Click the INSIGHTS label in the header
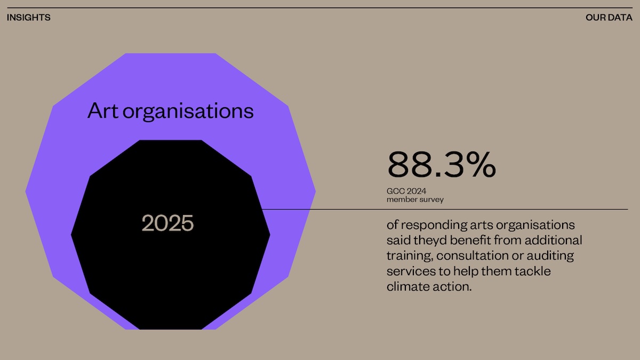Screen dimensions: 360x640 (29, 18)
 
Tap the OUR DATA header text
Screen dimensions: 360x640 (609, 18)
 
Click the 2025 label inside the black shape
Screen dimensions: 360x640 (167, 223)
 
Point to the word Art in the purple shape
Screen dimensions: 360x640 (102, 111)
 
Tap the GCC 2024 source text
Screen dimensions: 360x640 (406, 191)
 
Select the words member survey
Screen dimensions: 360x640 (415, 200)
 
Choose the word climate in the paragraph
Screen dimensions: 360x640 (407, 287)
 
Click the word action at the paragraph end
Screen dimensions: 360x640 (453, 287)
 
